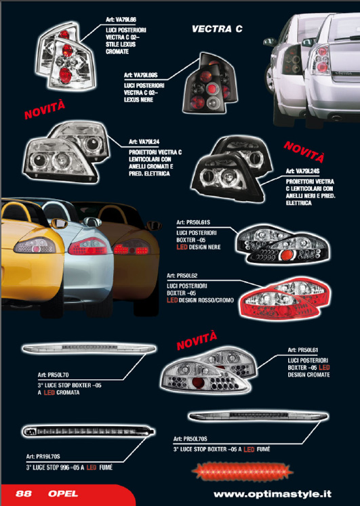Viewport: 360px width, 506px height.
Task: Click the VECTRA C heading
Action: click(217, 28)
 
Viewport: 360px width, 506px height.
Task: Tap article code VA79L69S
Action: click(141, 75)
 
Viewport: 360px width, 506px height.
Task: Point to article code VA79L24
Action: click(144, 142)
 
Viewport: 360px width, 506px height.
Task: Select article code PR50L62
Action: click(182, 276)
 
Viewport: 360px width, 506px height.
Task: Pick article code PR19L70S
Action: click(43, 457)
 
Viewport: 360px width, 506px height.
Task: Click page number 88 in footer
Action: click(24, 494)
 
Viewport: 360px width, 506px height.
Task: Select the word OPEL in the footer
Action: click(63, 494)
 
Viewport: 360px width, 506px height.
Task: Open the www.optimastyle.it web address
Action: click(273, 494)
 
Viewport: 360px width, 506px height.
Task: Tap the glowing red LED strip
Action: click(242, 472)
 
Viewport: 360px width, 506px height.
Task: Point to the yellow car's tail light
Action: click(35, 246)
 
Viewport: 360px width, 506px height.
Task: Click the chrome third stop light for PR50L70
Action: click(89, 348)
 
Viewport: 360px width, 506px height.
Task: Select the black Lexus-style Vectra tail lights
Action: click(210, 83)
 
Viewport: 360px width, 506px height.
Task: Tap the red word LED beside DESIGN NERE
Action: click(182, 247)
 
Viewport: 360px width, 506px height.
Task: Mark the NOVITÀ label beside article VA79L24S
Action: click(304, 152)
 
